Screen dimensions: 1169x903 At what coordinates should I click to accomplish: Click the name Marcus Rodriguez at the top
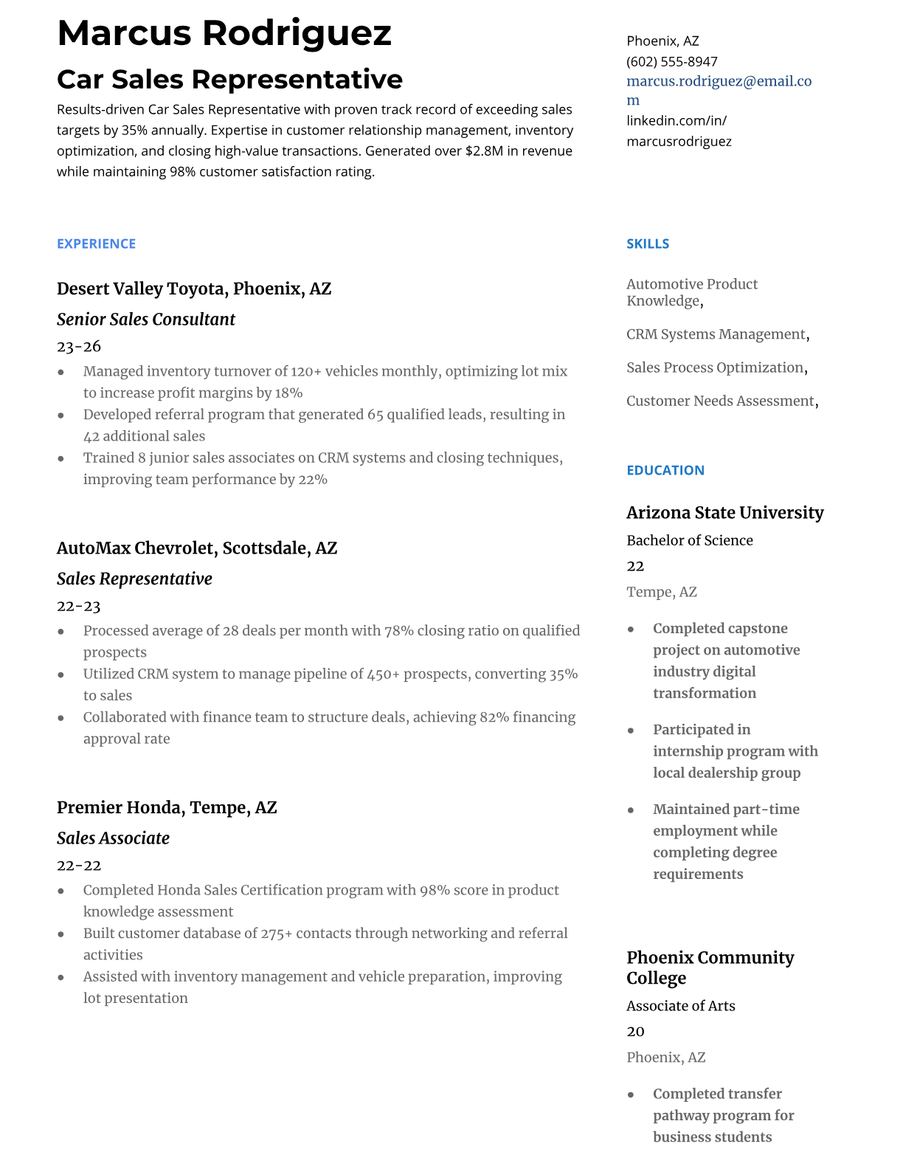(224, 33)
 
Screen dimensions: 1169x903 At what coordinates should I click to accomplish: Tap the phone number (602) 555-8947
(671, 61)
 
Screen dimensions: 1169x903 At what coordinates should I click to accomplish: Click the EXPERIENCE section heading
(96, 244)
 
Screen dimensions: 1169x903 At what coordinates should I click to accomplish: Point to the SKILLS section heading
(648, 244)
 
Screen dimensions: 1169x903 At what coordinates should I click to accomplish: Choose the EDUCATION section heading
(665, 470)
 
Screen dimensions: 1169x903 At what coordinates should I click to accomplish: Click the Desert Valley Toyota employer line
(194, 289)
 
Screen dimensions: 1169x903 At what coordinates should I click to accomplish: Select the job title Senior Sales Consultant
(146, 320)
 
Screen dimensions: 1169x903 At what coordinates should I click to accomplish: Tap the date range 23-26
(79, 346)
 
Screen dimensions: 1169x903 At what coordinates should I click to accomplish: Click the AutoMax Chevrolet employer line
(197, 548)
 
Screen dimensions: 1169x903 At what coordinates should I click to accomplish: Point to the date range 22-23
(79, 606)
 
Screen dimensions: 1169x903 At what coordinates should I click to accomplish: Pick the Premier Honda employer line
(167, 807)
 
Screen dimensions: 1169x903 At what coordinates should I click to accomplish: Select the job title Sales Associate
(113, 838)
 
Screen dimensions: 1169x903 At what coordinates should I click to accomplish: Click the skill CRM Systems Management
(716, 334)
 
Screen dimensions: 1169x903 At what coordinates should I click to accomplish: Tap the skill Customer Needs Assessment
(720, 401)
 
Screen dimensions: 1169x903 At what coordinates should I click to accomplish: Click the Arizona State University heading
(724, 513)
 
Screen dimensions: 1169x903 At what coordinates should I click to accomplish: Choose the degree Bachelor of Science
(689, 540)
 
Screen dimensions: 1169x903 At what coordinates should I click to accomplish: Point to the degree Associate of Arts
(680, 1006)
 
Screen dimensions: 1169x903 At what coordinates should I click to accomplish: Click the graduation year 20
(635, 1031)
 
